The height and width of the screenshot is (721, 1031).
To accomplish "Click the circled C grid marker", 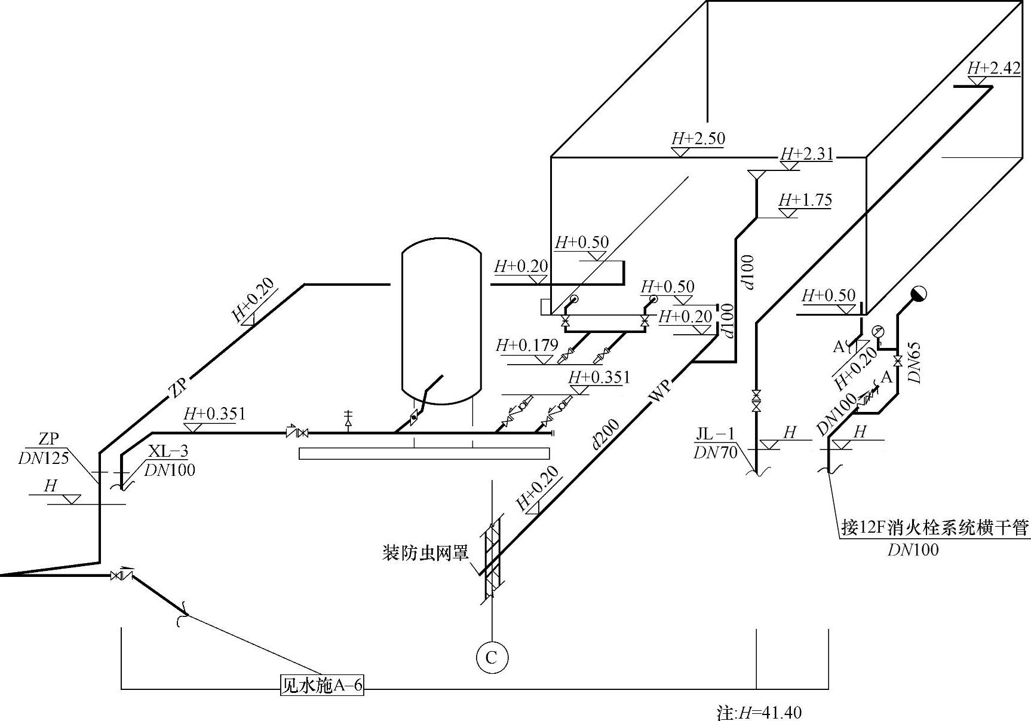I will [492, 658].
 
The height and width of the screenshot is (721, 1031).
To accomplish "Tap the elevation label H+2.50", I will [698, 139].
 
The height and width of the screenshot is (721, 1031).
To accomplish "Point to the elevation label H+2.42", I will [994, 68].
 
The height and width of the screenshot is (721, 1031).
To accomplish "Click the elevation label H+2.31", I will [806, 154].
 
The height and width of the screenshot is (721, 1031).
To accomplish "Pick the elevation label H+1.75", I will [805, 200].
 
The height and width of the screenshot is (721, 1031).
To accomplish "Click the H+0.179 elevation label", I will [527, 346].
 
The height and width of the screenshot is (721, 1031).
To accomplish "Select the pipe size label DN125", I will [44, 458].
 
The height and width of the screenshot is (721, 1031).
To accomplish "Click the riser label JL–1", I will [716, 433].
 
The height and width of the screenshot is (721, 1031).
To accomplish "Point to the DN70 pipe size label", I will [715, 453].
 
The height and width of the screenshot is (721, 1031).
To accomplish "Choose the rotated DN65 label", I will [915, 362].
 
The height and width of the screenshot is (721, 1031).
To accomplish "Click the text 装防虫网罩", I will [425, 552].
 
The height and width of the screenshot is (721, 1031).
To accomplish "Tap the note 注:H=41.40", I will [759, 713].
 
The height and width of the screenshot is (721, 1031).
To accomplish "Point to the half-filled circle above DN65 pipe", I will [918, 294].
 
